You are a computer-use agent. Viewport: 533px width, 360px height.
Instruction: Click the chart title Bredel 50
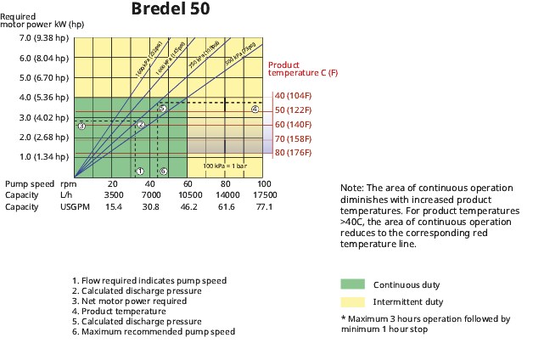click(170, 10)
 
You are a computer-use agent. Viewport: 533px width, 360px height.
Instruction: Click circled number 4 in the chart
click(255, 109)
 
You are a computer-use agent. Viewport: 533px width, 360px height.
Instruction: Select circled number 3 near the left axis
click(81, 126)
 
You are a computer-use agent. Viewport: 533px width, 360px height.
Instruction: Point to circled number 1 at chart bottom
click(140, 172)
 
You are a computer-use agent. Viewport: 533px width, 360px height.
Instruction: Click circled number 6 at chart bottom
click(163, 172)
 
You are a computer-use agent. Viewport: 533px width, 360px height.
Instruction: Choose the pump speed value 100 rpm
click(264, 184)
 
